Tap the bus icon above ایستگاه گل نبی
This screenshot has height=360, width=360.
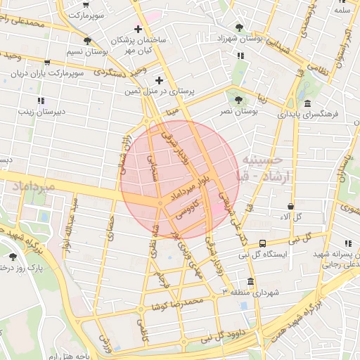pos(262,243)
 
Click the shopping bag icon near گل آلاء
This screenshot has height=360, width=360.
pos(290,207)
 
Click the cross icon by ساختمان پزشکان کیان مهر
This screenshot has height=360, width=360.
pos(139,29)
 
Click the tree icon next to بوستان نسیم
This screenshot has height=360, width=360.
pos(87,40)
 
